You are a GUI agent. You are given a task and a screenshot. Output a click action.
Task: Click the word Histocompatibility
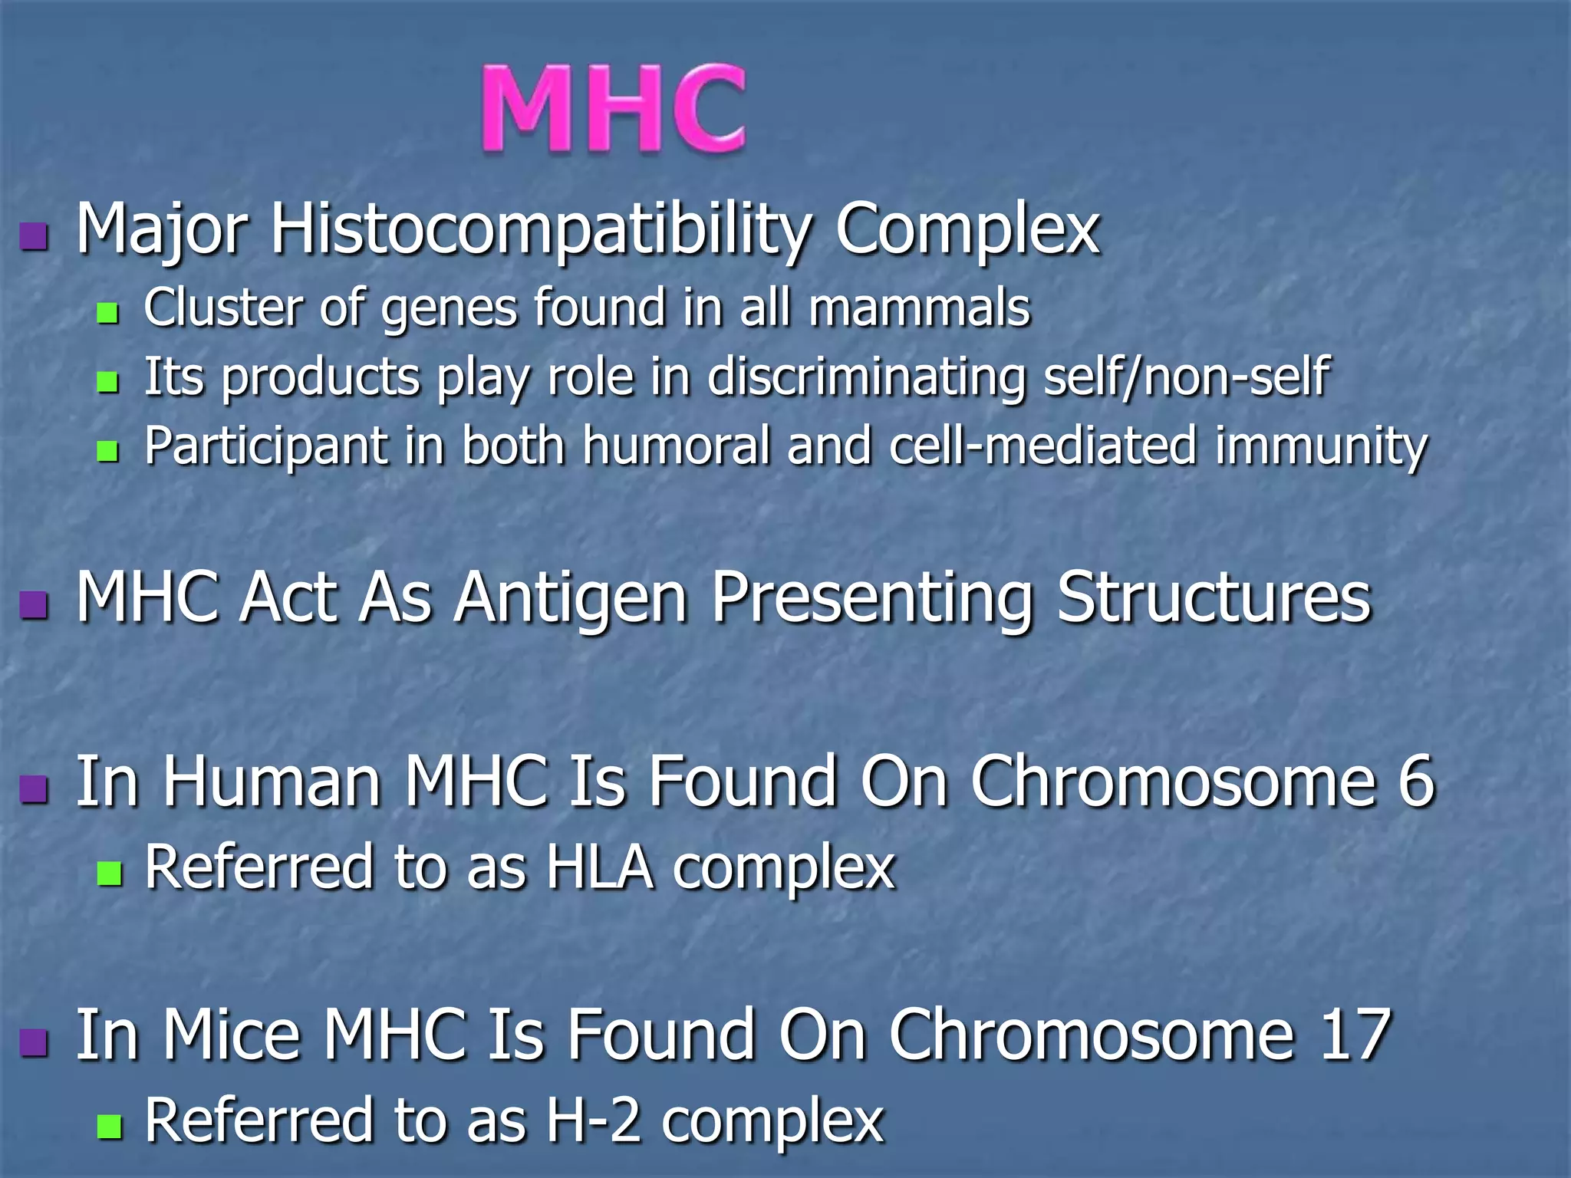coord(541,229)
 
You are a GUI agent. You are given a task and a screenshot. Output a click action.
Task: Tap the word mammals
coord(919,308)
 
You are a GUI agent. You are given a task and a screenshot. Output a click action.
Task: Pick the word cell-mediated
coord(1043,446)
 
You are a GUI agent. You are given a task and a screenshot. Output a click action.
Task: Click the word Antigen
coord(570,598)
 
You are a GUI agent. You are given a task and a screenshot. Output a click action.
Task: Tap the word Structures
coord(1213,598)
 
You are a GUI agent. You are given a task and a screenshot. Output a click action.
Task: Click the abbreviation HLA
coord(600,868)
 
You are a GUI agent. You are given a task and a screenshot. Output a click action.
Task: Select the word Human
coord(272,781)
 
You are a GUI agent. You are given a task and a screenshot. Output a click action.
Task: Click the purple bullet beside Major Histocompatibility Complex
coord(35,237)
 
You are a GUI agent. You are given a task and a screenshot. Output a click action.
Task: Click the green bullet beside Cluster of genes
coord(108,313)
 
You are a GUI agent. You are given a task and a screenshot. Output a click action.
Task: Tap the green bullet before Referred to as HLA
coord(110,873)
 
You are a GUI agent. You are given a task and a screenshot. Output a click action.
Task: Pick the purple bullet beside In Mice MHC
coord(35,1042)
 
